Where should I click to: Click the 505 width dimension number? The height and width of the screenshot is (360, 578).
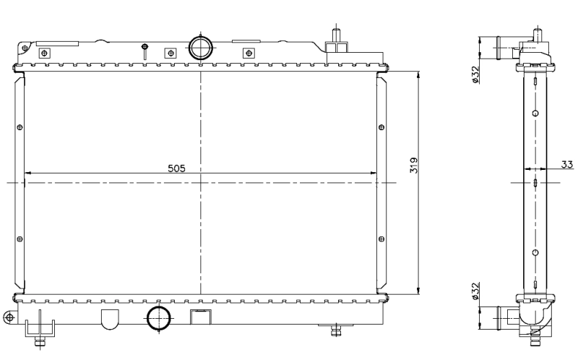coord(177,168)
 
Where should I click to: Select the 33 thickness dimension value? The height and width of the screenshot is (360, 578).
coord(568,164)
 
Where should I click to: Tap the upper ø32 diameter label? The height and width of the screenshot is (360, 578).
coord(475,74)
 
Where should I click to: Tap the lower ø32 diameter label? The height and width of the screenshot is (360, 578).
coord(475,290)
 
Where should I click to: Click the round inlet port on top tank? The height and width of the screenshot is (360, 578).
coord(199,48)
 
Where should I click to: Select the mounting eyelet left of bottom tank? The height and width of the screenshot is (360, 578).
coord(9,317)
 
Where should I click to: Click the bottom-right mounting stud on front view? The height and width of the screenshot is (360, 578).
coord(335,330)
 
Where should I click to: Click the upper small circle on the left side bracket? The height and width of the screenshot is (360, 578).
coord(20,128)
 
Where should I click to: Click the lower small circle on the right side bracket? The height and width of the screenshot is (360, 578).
coord(381,239)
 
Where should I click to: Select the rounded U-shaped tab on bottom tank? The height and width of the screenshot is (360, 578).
coord(108,318)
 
